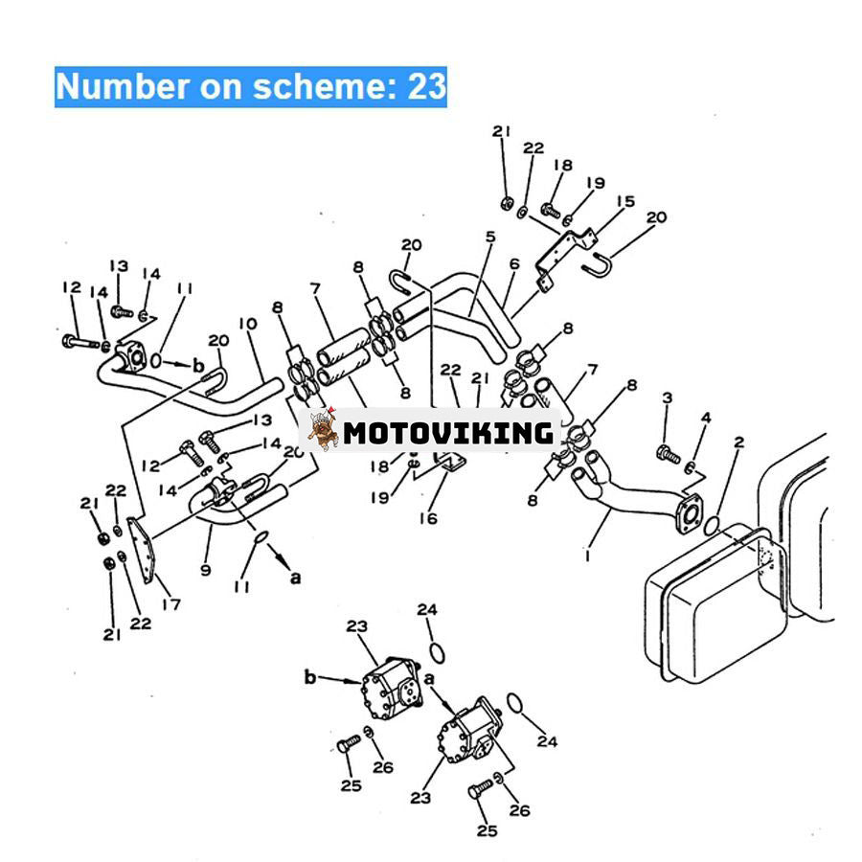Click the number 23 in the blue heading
[x=427, y=86]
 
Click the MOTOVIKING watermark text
[x=448, y=433]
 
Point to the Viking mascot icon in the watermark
[x=324, y=432]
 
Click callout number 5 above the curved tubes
[x=489, y=237]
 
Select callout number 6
[x=513, y=263]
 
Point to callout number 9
[x=206, y=569]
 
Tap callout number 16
[x=427, y=518]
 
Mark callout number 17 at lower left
[x=170, y=603]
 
